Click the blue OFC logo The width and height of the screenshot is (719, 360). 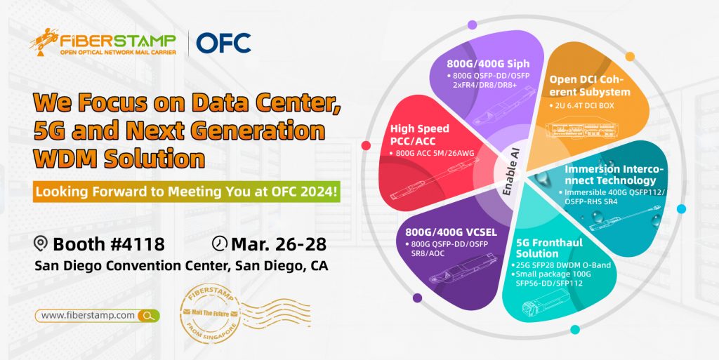point(223,43)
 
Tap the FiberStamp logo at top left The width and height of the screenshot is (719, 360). point(103,42)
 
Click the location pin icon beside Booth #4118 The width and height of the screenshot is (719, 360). point(41,244)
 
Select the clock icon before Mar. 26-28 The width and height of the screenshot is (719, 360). point(220,244)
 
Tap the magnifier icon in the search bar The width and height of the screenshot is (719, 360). point(148,316)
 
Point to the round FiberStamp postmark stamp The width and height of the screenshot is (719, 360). point(211,313)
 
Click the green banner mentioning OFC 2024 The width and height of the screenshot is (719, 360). point(187,192)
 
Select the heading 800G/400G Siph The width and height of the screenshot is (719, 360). point(488,63)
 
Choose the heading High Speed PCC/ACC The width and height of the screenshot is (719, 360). point(419,135)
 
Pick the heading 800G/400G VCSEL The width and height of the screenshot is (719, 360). point(451,232)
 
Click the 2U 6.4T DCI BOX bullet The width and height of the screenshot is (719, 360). point(581,106)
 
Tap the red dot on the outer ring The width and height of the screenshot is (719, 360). point(366,146)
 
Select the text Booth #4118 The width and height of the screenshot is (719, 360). point(108,244)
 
